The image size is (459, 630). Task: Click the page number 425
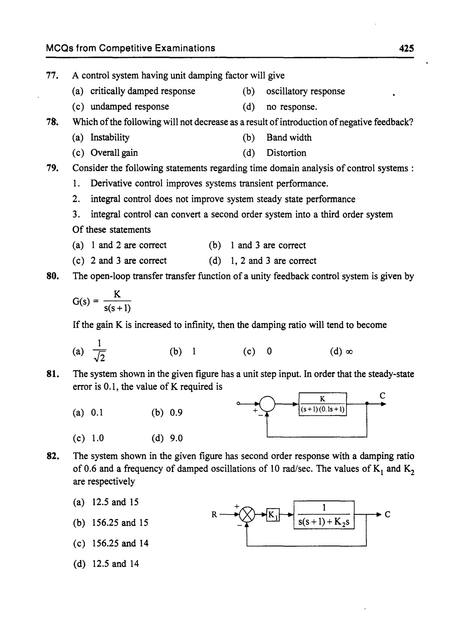(406, 49)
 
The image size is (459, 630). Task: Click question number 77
(52, 75)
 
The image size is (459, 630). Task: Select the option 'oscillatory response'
(305, 91)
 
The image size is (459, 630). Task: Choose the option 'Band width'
(289, 137)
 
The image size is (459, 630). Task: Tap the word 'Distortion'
(286, 153)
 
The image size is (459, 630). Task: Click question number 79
(52, 168)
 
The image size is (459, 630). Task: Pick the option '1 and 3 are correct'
(268, 245)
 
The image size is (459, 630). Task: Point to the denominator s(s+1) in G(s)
(117, 308)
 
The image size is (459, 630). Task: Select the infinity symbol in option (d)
(349, 352)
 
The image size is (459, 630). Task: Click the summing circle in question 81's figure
(267, 404)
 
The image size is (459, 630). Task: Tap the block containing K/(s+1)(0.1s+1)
(323, 404)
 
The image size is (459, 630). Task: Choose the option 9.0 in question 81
(176, 438)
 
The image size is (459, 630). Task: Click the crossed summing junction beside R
(247, 515)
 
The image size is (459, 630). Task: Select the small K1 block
(273, 515)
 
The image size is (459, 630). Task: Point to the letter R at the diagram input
(214, 515)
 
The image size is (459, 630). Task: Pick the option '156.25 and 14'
(120, 543)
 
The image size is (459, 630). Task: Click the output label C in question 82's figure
(387, 515)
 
